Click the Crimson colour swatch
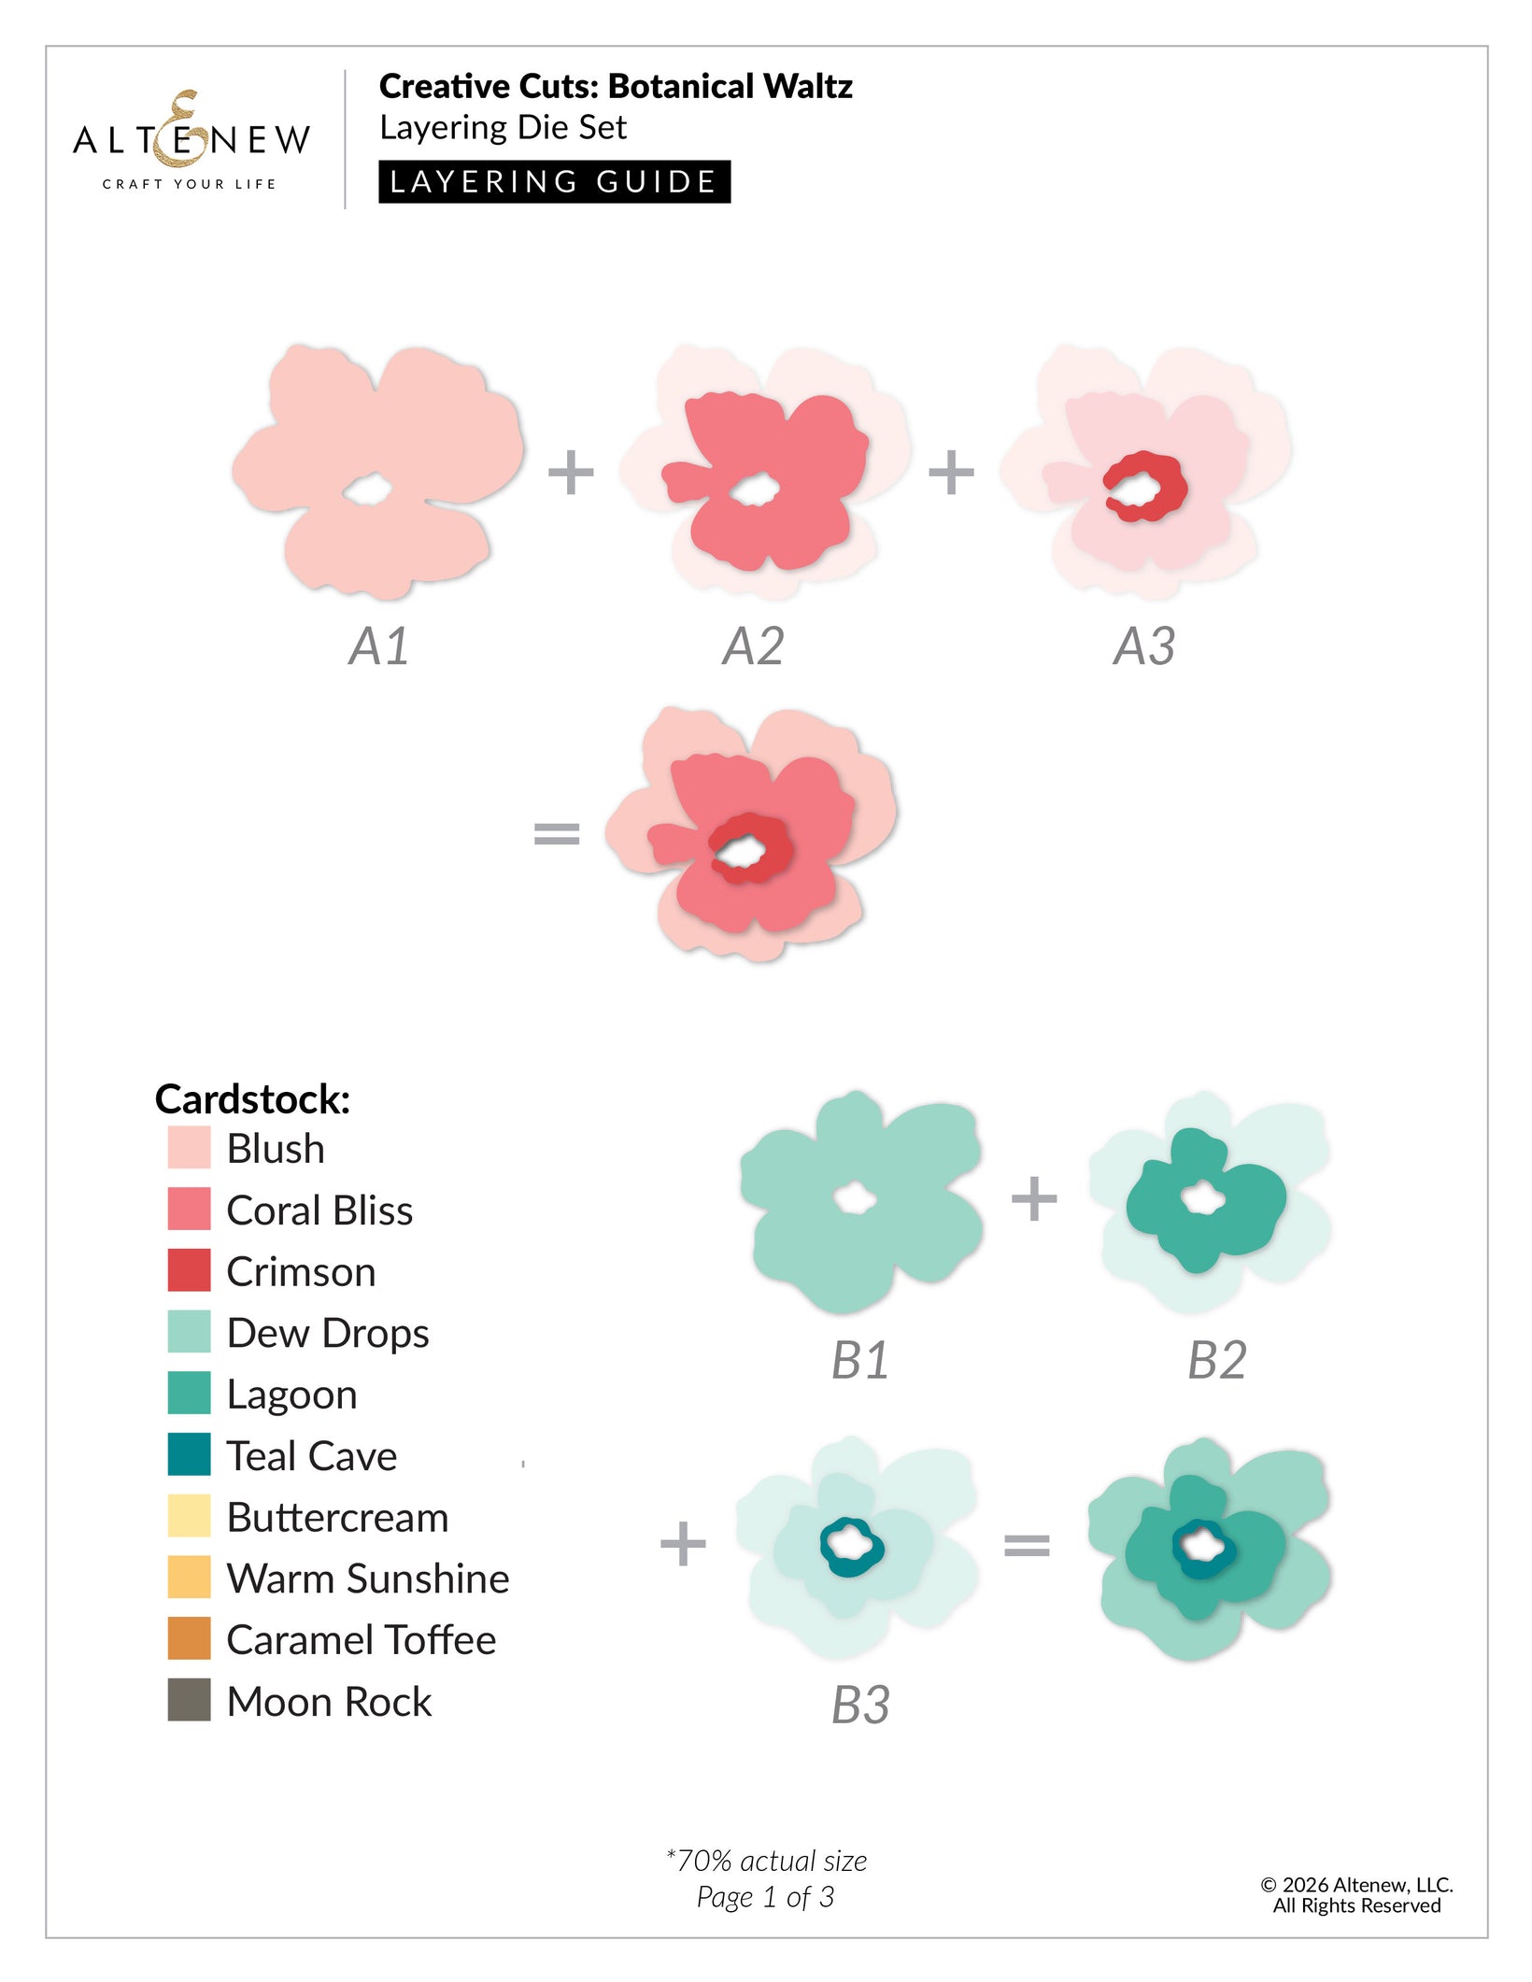(x=189, y=1270)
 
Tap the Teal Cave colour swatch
(x=189, y=1454)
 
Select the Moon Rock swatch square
(x=189, y=1700)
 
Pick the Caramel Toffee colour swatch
(x=189, y=1638)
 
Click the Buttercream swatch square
(x=189, y=1516)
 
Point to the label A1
(x=379, y=646)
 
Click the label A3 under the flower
(x=1143, y=646)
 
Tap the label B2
(x=1216, y=1360)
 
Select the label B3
(x=860, y=1705)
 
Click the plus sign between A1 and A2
(x=571, y=473)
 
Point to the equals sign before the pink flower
(x=557, y=832)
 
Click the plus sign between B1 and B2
(x=1034, y=1198)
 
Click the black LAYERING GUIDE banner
(x=554, y=181)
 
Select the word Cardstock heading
(x=252, y=1098)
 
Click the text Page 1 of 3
(x=765, y=1897)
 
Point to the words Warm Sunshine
(x=368, y=1579)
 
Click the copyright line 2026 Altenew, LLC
(x=1356, y=1885)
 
